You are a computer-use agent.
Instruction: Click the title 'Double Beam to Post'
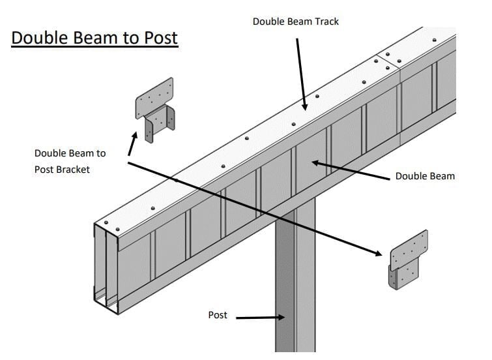click(x=94, y=37)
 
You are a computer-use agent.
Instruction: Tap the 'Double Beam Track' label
click(x=295, y=22)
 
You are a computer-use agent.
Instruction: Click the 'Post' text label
click(x=218, y=315)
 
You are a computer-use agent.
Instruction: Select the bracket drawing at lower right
click(x=408, y=260)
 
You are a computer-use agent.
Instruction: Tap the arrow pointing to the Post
click(x=261, y=318)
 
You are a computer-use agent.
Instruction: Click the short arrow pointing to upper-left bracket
click(x=132, y=143)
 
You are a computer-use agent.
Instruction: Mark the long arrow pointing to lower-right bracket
click(x=254, y=207)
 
